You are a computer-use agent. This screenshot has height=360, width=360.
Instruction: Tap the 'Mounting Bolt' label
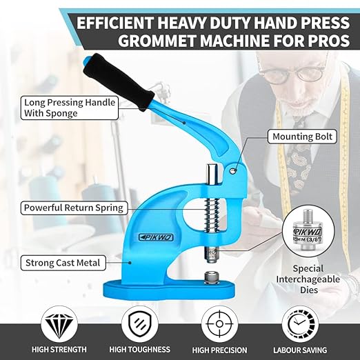(x=301, y=137)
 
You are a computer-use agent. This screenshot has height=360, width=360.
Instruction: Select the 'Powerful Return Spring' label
(x=73, y=207)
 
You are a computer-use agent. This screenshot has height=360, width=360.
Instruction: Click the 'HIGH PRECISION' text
(x=221, y=350)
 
